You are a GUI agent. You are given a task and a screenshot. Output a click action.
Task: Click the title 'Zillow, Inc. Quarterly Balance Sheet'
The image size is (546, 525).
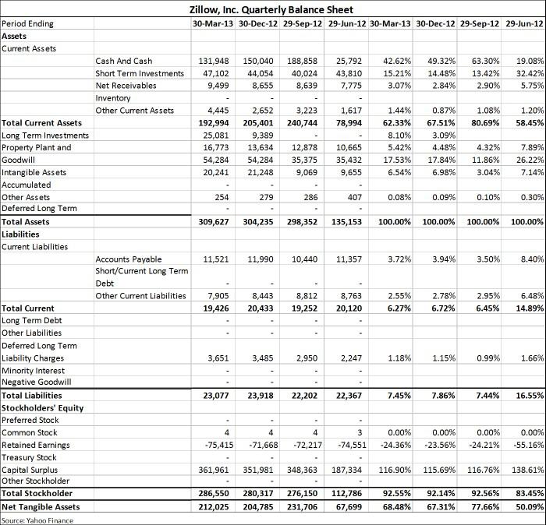271,10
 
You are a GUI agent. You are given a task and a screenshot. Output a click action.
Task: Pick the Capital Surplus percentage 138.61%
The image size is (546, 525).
526,470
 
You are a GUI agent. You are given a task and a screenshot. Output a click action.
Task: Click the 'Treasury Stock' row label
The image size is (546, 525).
29,457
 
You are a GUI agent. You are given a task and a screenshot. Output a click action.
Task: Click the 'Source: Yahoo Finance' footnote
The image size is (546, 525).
37,520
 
